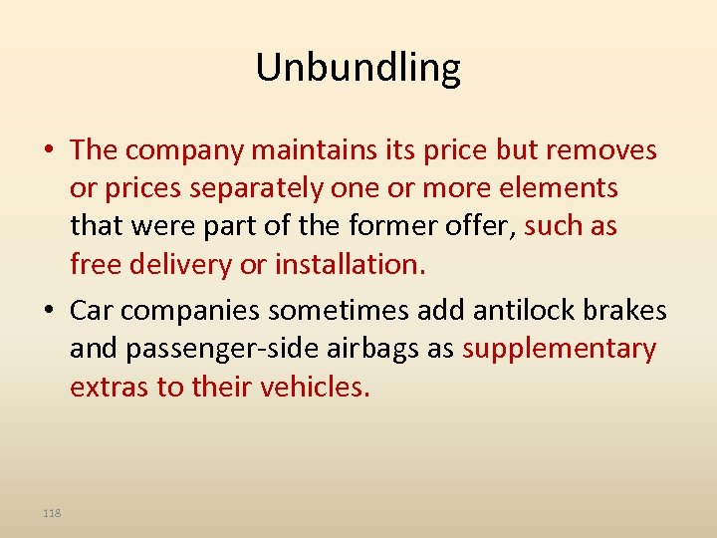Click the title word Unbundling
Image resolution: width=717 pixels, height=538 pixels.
pos(358,68)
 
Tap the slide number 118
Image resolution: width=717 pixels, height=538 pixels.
pos(52,512)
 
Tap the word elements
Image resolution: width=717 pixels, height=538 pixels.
pos(561,187)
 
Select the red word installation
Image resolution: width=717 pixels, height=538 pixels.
pos(348,264)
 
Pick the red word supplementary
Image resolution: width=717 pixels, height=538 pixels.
pos(559,349)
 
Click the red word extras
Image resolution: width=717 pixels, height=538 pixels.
pos(110,387)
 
